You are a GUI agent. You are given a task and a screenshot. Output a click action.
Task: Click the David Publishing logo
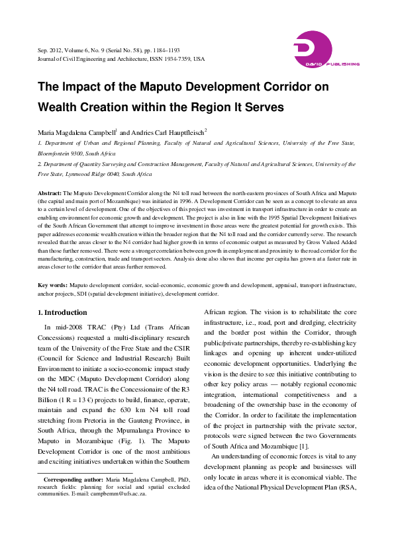pyautogui.click(x=326, y=50)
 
